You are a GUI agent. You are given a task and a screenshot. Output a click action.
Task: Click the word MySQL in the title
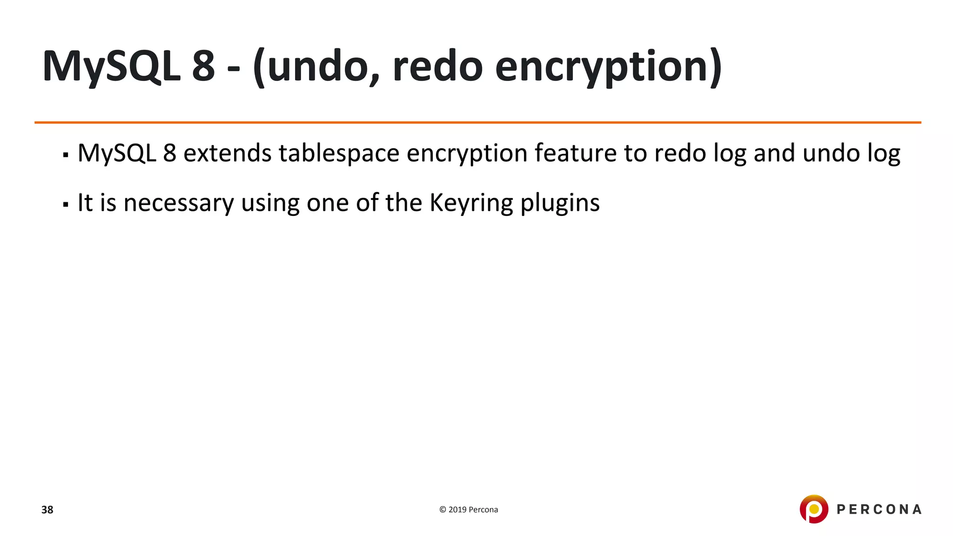tap(111, 66)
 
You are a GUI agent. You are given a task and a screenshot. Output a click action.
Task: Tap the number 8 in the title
tap(203, 66)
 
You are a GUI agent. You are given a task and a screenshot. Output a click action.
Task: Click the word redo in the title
tap(437, 66)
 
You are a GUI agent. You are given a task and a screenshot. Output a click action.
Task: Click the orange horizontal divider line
tap(477, 122)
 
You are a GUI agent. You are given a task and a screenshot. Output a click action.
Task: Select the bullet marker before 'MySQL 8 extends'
tap(66, 154)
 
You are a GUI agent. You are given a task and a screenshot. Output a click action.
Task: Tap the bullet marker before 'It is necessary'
tap(66, 204)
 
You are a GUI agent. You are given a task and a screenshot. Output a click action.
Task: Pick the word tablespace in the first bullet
tap(339, 153)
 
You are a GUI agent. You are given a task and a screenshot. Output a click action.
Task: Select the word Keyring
tap(471, 203)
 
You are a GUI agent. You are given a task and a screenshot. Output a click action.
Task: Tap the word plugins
tap(560, 203)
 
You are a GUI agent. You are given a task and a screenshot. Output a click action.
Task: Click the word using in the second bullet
tap(270, 203)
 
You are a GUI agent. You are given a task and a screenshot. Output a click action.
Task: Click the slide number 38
tap(47, 510)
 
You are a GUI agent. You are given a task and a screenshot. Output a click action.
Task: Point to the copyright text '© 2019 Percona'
tap(469, 509)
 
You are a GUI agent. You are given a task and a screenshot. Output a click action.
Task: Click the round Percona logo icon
tap(814, 509)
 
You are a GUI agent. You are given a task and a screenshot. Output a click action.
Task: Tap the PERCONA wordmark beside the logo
tap(879, 509)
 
